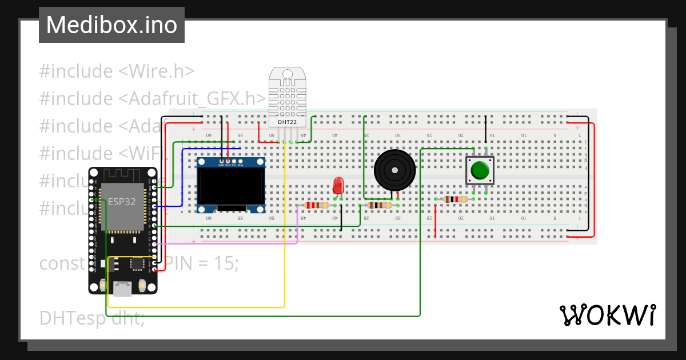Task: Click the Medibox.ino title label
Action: pyautogui.click(x=111, y=25)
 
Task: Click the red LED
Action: pyautogui.click(x=338, y=185)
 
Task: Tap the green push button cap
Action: pyautogui.click(x=480, y=170)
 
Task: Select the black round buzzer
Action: pyautogui.click(x=394, y=170)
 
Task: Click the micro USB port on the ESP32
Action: pyautogui.click(x=122, y=289)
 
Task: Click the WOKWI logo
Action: pyautogui.click(x=607, y=315)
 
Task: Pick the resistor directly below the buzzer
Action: pyautogui.click(x=380, y=205)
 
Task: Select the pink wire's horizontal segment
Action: pyautogui.click(x=229, y=243)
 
